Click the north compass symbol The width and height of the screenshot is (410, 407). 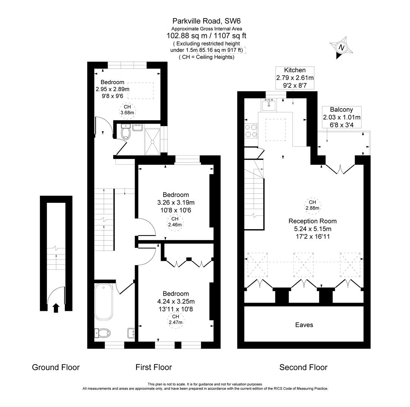(341, 48)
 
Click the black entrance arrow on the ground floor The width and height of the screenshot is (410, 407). (56, 308)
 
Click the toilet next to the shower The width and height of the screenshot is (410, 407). (126, 133)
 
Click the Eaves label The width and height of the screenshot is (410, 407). (304, 325)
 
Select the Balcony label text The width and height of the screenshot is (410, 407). (341, 110)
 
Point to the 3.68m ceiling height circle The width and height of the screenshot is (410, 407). (127, 110)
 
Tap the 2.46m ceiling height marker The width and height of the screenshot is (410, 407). (175, 222)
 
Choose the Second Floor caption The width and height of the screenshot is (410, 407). (303, 367)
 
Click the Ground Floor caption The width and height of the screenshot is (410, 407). (56, 367)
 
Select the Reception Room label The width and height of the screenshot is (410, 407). (312, 221)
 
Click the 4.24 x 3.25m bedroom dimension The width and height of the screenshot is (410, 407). (176, 301)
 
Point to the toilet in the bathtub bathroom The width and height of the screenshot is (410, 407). (103, 333)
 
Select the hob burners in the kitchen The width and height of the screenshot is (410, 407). (251, 130)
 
